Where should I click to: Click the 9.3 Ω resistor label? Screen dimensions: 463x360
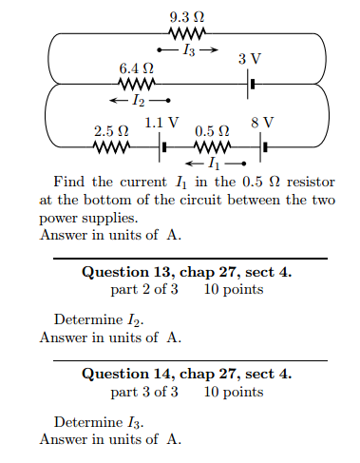tap(187, 18)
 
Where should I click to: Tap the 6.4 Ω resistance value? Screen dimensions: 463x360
tap(135, 69)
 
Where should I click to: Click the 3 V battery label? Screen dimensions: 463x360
tap(250, 60)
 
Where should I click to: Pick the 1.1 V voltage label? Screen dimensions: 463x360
tap(161, 123)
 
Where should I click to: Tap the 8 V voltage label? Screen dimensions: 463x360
tap(263, 123)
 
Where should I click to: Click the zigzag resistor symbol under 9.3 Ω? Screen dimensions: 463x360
tap(187, 34)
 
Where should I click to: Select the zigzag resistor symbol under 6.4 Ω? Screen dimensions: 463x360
tap(136, 86)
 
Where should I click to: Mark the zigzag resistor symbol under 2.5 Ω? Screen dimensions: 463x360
tap(110, 147)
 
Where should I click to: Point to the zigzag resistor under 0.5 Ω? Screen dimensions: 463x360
tap(212, 147)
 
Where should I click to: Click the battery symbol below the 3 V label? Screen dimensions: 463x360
tap(251, 86)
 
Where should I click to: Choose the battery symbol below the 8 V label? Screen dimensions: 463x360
tap(264, 147)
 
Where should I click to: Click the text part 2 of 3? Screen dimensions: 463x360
tap(143, 289)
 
